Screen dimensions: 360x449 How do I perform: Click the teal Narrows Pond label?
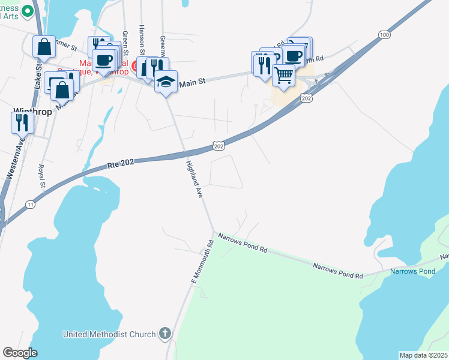[412, 272]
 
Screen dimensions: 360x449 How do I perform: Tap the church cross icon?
[165, 333]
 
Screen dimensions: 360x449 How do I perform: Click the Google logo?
[20, 353]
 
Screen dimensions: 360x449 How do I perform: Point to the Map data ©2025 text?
[423, 355]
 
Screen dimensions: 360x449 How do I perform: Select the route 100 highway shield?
[384, 35]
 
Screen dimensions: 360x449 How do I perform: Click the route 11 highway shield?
[30, 205]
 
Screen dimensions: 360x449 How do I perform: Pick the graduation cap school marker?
[166, 82]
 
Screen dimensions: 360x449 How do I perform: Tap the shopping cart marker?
[283, 76]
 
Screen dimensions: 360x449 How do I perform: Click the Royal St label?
[41, 176]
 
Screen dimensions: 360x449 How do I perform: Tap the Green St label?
[125, 43]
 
